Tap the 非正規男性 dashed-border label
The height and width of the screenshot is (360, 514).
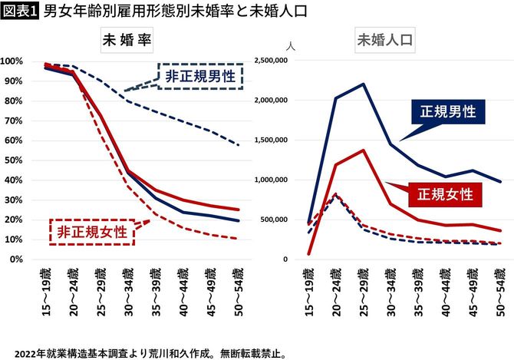(x=199, y=76)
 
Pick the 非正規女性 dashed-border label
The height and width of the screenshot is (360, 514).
(x=92, y=231)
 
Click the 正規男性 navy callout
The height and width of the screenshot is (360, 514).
(x=447, y=112)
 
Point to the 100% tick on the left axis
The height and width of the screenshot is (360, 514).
(x=15, y=61)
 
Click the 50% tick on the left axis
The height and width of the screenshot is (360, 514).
(x=17, y=160)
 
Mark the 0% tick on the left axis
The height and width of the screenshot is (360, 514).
(x=19, y=259)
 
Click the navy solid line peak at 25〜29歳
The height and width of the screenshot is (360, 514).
(x=364, y=84)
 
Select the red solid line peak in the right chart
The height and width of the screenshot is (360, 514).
(x=364, y=150)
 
